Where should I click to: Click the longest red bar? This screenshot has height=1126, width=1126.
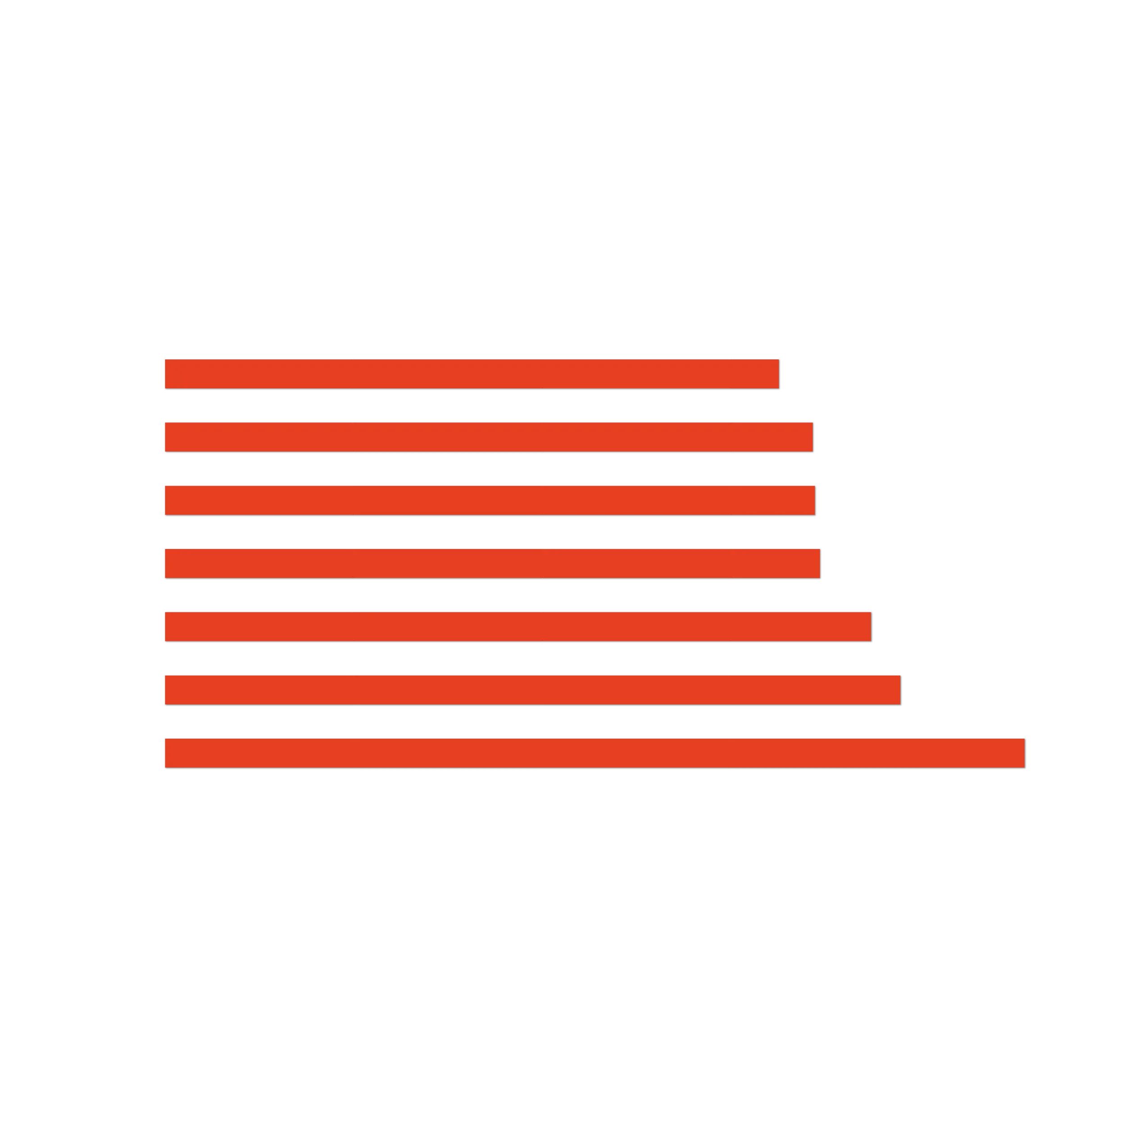[595, 753]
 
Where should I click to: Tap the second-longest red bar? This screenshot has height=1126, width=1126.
[533, 690]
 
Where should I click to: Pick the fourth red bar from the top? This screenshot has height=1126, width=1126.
[492, 563]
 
